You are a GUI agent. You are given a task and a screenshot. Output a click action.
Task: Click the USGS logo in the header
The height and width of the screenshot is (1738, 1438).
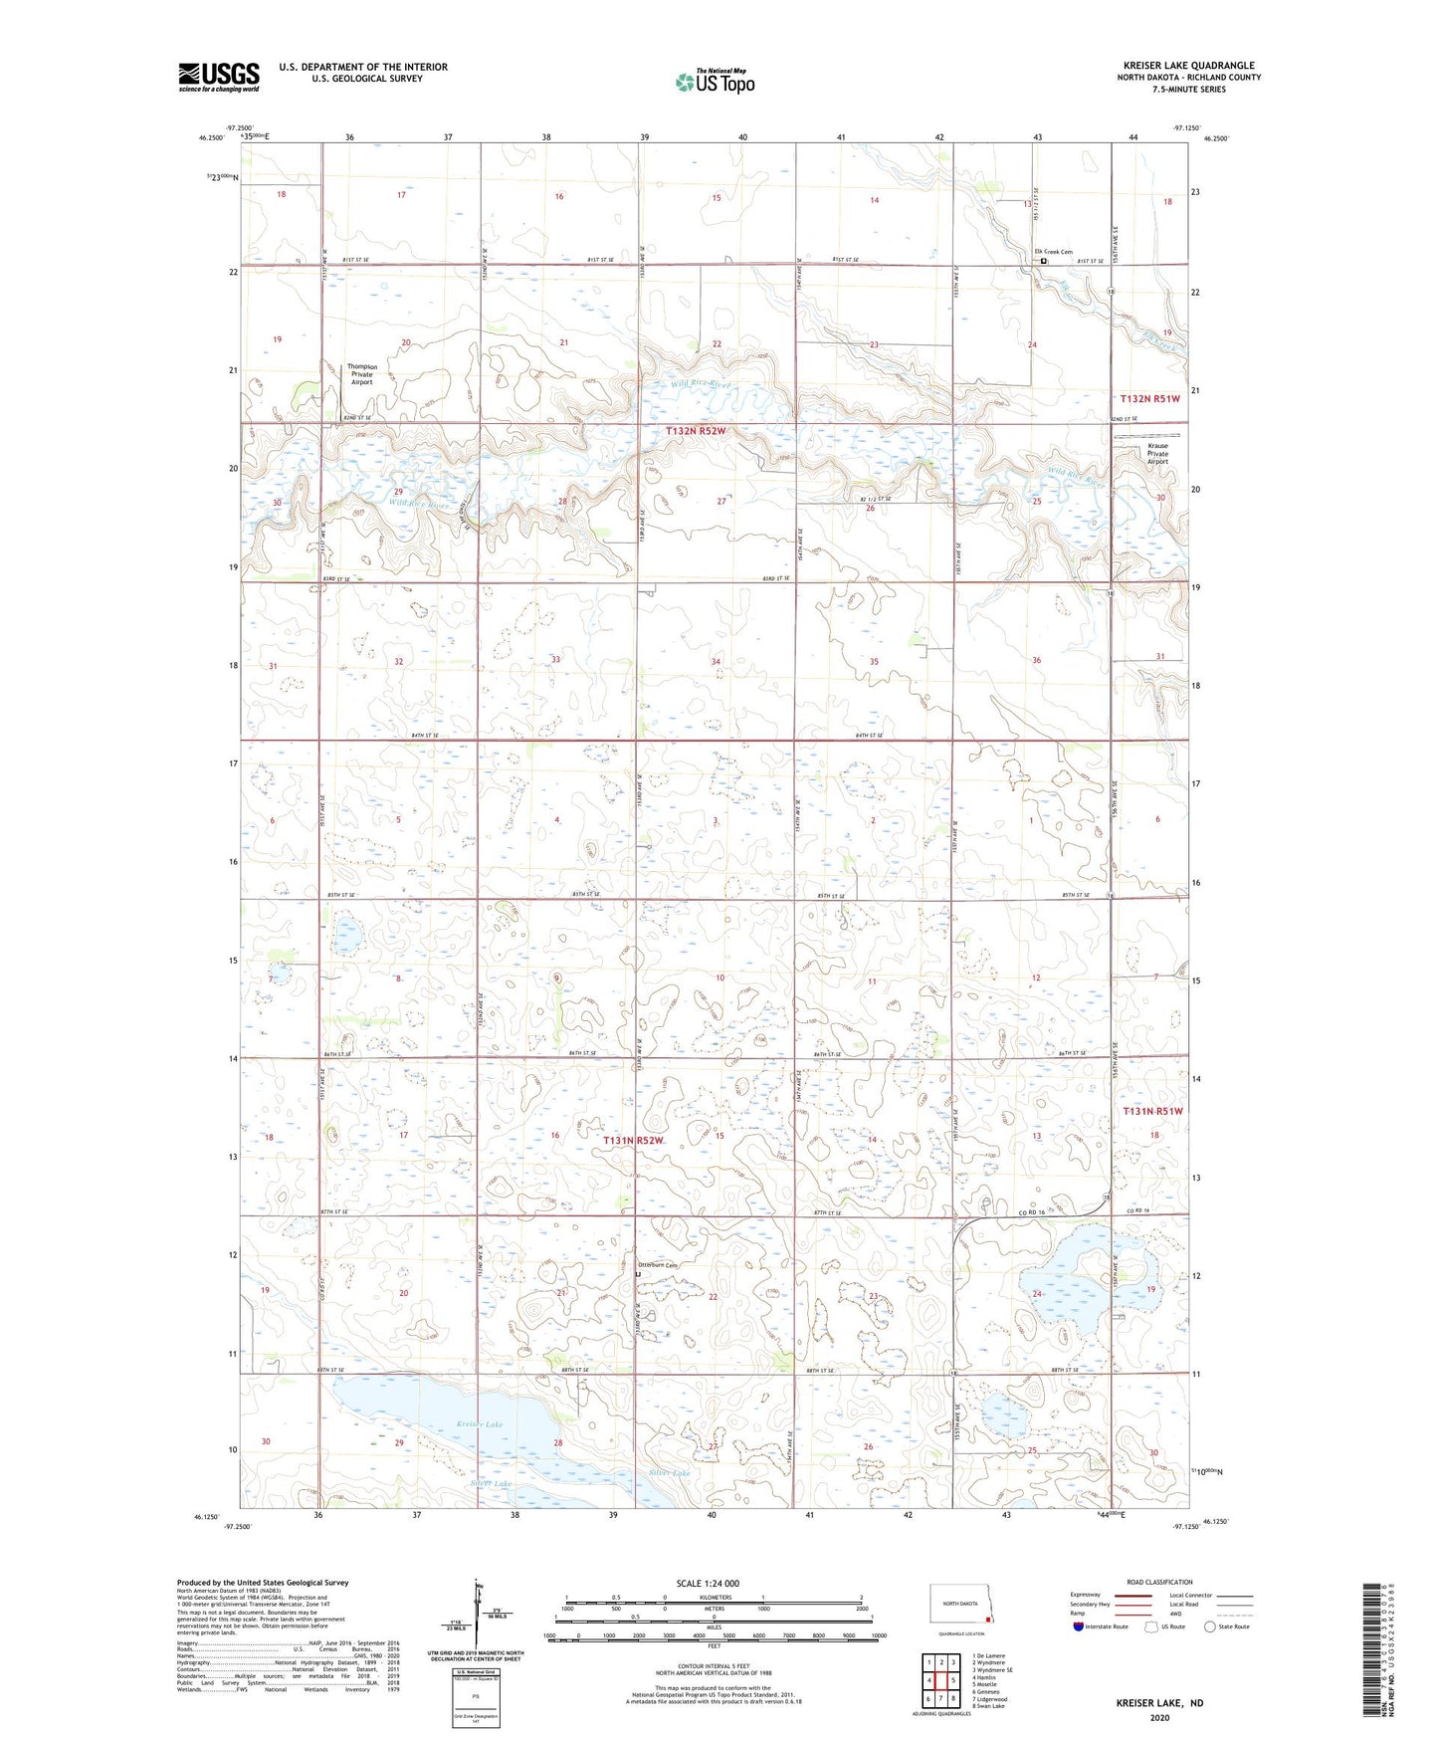(x=219, y=77)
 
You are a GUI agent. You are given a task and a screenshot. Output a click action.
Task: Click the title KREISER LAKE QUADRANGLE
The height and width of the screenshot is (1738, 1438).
(x=1187, y=66)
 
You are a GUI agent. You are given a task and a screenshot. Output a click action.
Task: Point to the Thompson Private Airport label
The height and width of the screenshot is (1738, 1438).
(x=361, y=374)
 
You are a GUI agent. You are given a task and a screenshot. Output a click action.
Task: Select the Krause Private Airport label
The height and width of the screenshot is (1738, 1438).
(x=1157, y=454)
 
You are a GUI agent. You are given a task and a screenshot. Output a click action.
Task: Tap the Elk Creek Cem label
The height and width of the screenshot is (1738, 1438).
(x=1052, y=252)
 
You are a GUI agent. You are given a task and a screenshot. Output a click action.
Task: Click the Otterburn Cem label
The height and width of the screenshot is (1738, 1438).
(x=657, y=1265)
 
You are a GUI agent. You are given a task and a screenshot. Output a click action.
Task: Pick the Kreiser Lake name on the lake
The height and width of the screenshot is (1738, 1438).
(x=480, y=1424)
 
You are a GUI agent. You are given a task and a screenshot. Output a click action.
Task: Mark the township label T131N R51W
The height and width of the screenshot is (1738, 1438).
(x=1153, y=1110)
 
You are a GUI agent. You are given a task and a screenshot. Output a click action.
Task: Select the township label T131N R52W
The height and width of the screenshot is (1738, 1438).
(x=633, y=1140)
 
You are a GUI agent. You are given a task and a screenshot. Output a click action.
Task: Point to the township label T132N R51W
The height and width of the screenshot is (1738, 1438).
(x=1149, y=399)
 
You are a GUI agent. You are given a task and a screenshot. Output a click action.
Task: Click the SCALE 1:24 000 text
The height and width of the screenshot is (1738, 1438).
(x=708, y=1583)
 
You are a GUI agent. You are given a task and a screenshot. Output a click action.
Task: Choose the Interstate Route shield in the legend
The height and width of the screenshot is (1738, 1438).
(x=1080, y=1627)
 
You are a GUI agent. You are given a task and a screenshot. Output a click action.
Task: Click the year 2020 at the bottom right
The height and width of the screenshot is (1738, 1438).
(x=1159, y=1717)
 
